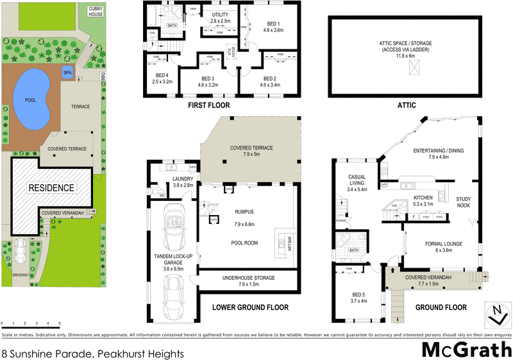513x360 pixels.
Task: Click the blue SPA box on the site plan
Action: click(x=67, y=72)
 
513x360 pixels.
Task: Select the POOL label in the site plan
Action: click(x=31, y=101)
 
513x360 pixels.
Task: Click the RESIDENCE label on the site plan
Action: click(x=51, y=188)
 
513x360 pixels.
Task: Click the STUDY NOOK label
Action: click(x=463, y=202)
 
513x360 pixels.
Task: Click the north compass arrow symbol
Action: click(x=495, y=314)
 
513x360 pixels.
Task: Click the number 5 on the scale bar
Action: click(x=60, y=323)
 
